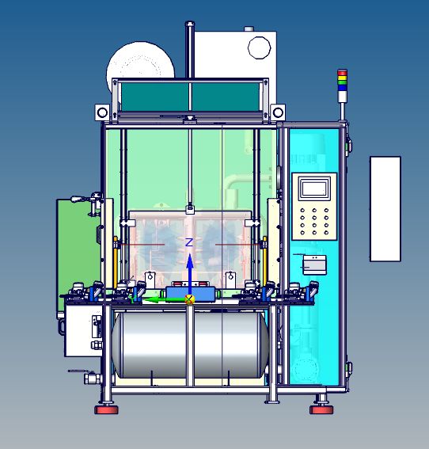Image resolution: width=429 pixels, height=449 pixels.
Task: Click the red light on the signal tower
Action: pyautogui.click(x=342, y=72)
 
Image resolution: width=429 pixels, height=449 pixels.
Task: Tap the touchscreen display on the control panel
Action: pyautogui.click(x=314, y=188)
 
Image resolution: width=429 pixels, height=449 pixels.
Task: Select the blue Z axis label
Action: pyautogui.click(x=188, y=242)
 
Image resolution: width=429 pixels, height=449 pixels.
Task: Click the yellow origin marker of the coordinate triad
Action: pyautogui.click(x=189, y=299)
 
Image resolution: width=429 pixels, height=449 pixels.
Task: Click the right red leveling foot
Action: pyautogui.click(x=321, y=409)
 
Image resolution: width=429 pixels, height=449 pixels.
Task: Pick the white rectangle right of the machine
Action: pyautogui.click(x=385, y=208)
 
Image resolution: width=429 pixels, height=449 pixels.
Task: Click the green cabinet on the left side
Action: pyautogui.click(x=75, y=245)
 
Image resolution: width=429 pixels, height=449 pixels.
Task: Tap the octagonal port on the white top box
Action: pyautogui.click(x=260, y=48)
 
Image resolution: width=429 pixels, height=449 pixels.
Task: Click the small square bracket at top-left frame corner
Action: pyautogui.click(x=101, y=112)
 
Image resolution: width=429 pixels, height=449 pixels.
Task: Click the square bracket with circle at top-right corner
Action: pyautogui.click(x=278, y=112)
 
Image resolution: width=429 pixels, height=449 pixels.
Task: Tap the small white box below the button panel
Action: pyautogui.click(x=314, y=264)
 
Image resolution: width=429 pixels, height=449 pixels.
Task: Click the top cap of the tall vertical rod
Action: pyautogui.click(x=189, y=25)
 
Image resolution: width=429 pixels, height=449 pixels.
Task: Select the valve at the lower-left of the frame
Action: pyautogui.click(x=91, y=378)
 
